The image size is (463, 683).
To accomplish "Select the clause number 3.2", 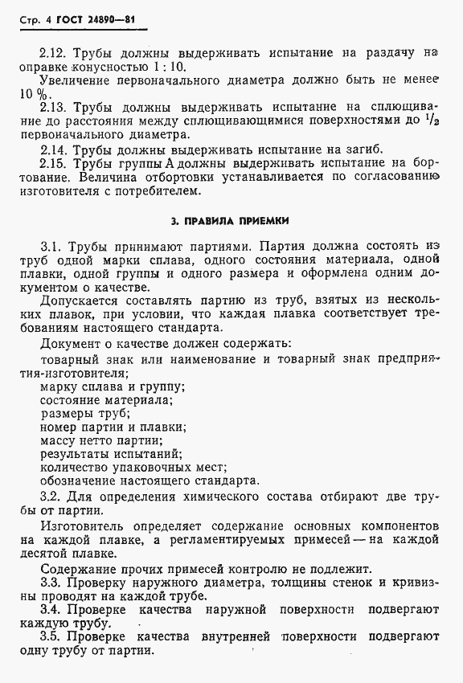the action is pyautogui.click(x=51, y=497).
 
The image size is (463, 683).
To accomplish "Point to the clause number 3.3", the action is pyautogui.click(x=51, y=583).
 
